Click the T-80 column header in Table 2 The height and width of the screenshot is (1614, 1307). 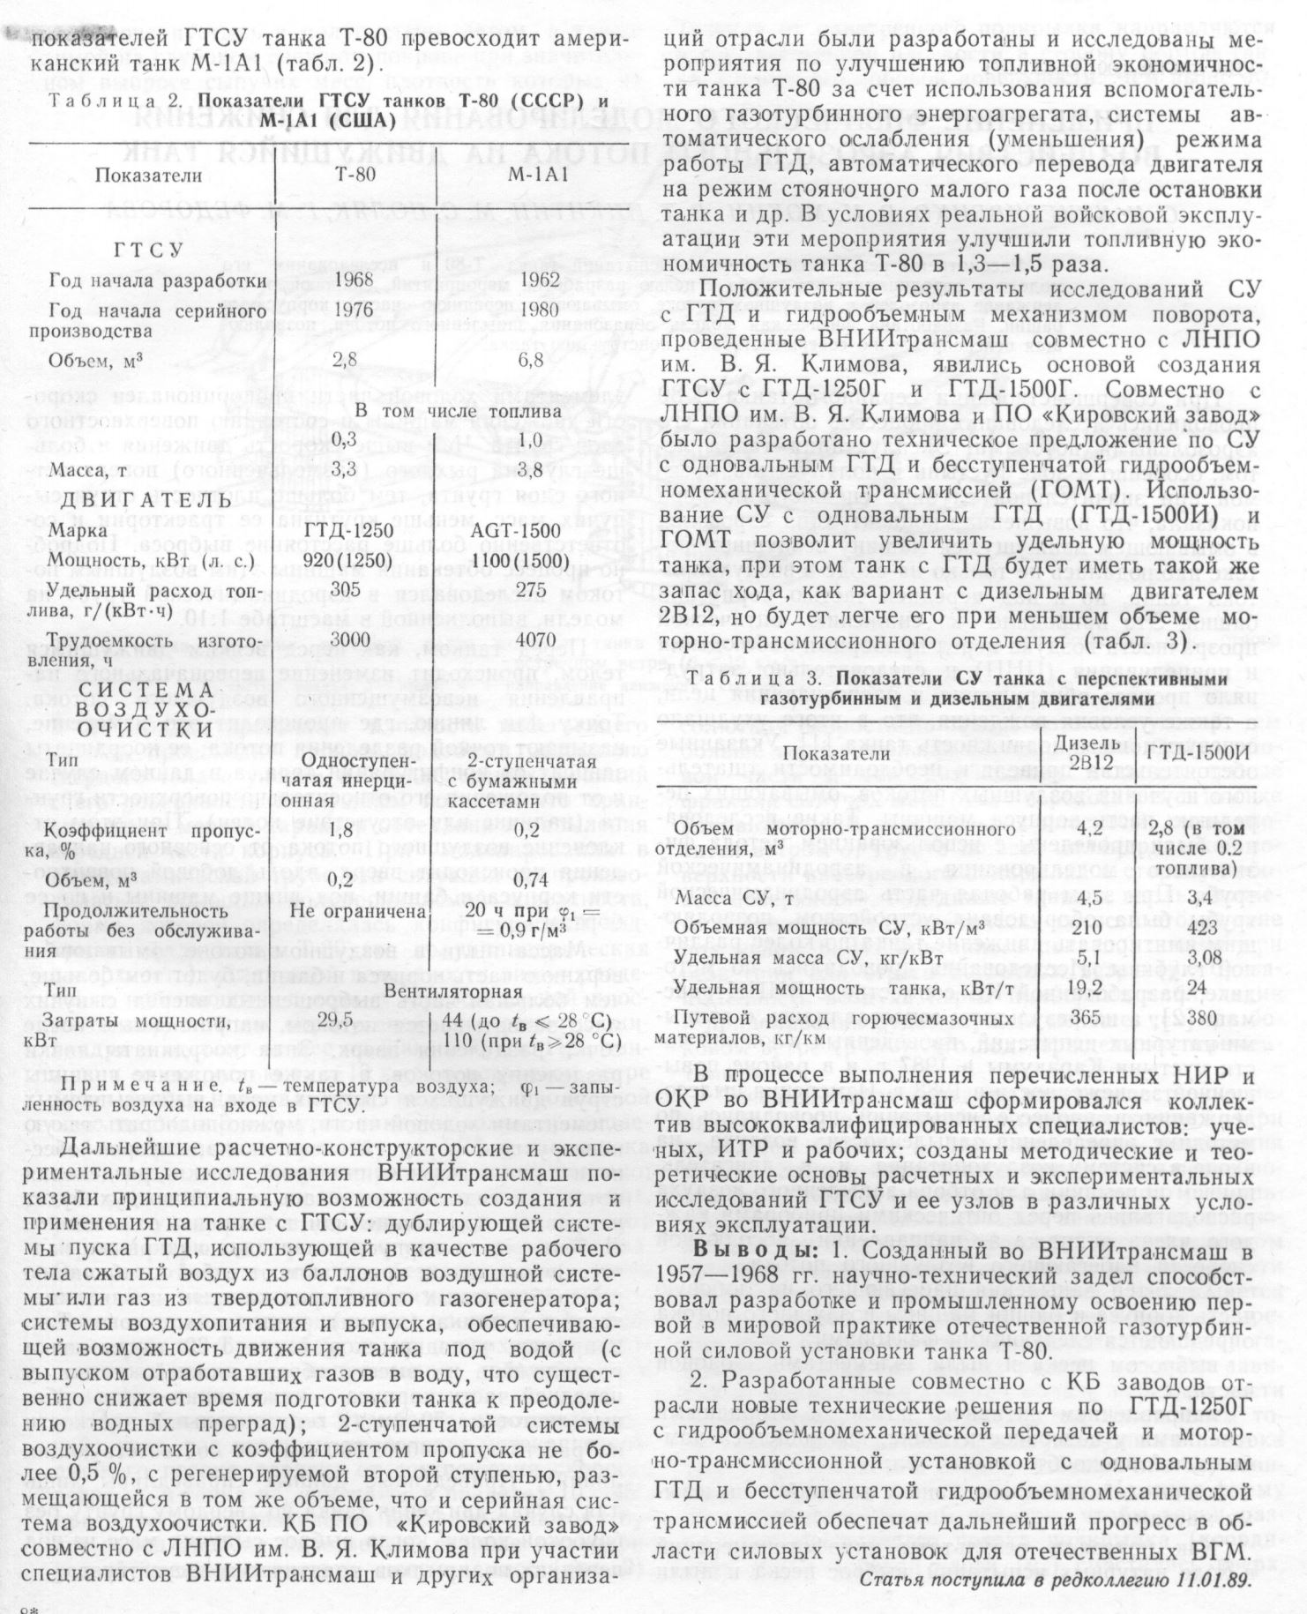[356, 174]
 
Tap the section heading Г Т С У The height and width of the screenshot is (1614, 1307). [147, 250]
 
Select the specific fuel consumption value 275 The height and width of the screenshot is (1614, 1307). [537, 591]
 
